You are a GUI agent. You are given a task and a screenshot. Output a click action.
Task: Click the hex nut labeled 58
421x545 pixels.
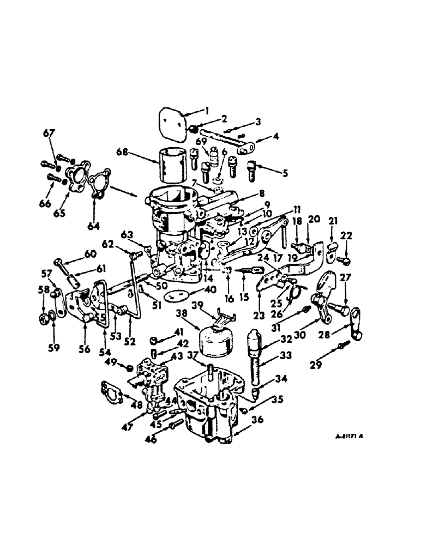coord(46,316)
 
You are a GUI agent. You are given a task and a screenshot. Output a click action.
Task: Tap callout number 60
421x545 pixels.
coord(89,253)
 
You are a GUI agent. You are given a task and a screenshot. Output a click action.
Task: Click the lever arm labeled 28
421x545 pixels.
coord(355,325)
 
